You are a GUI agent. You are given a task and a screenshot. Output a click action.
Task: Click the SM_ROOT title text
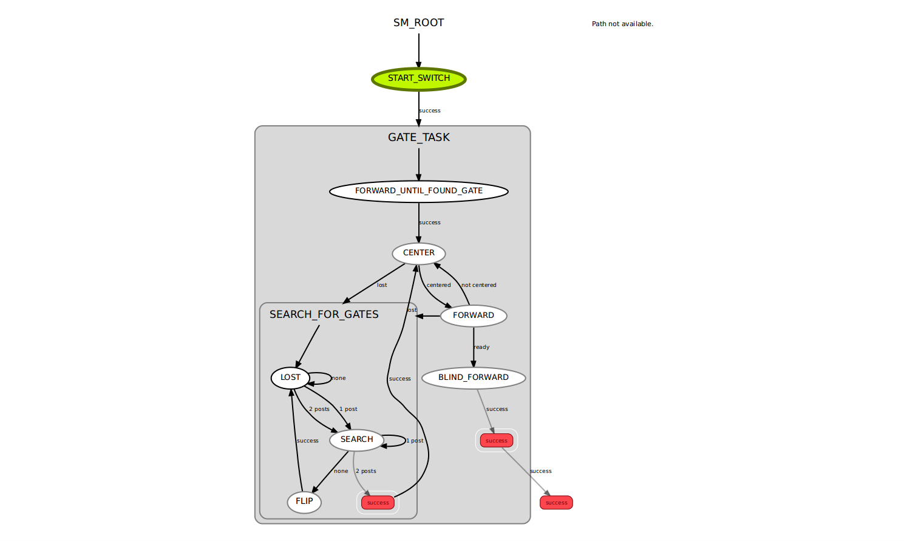418,22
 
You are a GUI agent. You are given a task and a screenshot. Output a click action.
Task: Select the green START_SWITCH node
419,79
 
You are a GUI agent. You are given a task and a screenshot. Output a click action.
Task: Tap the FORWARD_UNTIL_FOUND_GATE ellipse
419,191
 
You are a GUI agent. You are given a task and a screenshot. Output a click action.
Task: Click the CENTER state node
419,253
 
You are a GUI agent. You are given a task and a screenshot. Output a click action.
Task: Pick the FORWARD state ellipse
474,315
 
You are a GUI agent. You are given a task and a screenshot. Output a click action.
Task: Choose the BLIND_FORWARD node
474,377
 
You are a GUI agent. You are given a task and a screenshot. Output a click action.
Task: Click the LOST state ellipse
290,377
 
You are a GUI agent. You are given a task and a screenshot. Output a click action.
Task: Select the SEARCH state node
356,439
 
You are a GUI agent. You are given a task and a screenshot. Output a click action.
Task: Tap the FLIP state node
304,501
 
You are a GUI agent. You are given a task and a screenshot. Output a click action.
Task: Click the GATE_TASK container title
419,137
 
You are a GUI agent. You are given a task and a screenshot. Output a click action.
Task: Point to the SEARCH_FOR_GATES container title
324,314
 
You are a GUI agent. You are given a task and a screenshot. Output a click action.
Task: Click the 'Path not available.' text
622,24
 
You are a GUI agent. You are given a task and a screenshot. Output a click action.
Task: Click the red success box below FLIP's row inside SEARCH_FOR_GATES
378,503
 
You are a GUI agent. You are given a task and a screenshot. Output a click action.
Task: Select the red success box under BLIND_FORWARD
496,441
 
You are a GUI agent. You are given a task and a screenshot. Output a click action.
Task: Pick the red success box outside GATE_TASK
556,503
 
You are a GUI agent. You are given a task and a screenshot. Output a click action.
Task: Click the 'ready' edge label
481,347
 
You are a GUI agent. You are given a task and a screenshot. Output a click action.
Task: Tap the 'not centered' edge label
478,285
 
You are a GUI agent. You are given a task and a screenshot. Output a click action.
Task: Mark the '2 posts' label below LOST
319,409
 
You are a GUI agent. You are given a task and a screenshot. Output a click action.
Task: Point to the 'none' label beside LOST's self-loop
339,378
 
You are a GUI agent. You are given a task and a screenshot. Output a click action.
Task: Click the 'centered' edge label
438,285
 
